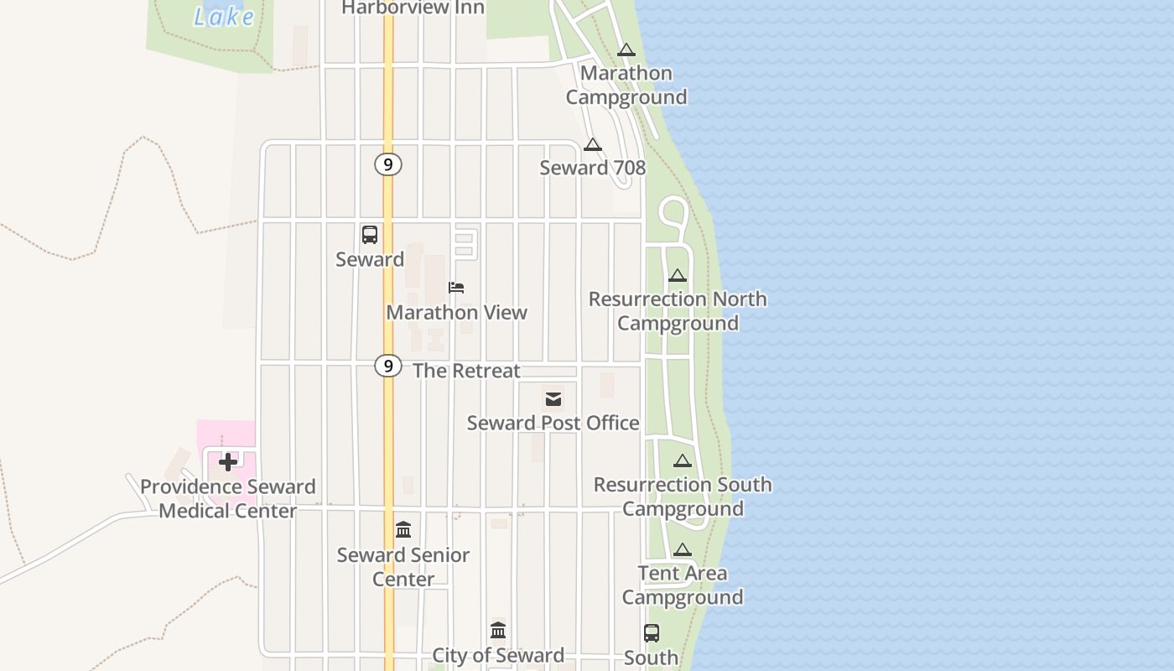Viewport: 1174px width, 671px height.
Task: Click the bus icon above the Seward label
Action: coord(370,235)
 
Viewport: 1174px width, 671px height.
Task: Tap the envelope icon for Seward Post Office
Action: coord(553,399)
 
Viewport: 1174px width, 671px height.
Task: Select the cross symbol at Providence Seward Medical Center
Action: coord(227,462)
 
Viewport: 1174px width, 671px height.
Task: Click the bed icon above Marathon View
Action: coord(456,288)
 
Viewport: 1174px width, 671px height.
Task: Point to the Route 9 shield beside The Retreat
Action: coord(387,366)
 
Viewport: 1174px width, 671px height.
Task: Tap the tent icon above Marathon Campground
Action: coord(626,50)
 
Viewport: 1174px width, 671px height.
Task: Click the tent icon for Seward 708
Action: coord(593,145)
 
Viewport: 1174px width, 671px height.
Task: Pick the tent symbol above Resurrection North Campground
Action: coord(678,276)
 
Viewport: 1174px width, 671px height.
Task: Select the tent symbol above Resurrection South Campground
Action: coord(683,461)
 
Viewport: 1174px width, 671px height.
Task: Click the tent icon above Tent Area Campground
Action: coord(683,550)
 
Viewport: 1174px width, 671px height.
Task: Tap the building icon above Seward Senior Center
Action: coord(403,530)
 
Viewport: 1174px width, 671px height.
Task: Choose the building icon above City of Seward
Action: coord(498,631)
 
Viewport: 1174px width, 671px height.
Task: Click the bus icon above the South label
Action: coord(652,633)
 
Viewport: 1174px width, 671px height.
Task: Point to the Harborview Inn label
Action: coord(413,8)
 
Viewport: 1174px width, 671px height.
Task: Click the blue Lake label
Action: coord(224,16)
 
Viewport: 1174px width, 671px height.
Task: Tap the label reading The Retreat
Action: coord(466,371)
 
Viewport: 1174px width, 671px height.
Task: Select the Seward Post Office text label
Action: coord(553,423)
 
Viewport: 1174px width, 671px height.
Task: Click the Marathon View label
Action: coord(457,313)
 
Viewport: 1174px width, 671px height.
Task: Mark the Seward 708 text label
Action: coord(593,168)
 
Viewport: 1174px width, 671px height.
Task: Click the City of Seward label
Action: coord(498,655)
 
